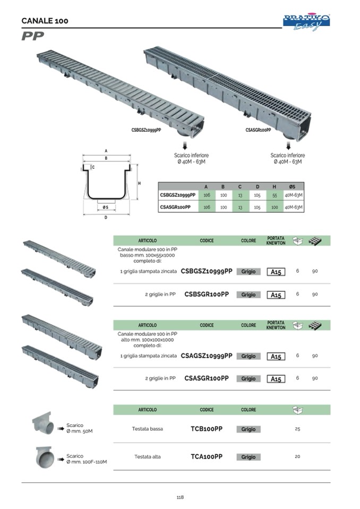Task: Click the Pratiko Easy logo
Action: [306, 22]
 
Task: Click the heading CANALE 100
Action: [45, 21]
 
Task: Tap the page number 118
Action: [180, 497]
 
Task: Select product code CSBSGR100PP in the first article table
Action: [207, 294]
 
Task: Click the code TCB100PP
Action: [207, 429]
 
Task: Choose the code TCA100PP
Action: [207, 456]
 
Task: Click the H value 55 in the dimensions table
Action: [275, 195]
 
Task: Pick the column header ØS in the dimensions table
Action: [293, 186]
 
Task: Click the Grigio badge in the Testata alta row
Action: [248, 457]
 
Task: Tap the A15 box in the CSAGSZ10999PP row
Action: [276, 357]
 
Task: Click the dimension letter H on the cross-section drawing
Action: [139, 183]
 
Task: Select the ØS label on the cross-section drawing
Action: [106, 207]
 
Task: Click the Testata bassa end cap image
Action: [42, 423]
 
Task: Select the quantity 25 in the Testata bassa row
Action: [297, 429]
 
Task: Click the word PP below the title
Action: [33, 36]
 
